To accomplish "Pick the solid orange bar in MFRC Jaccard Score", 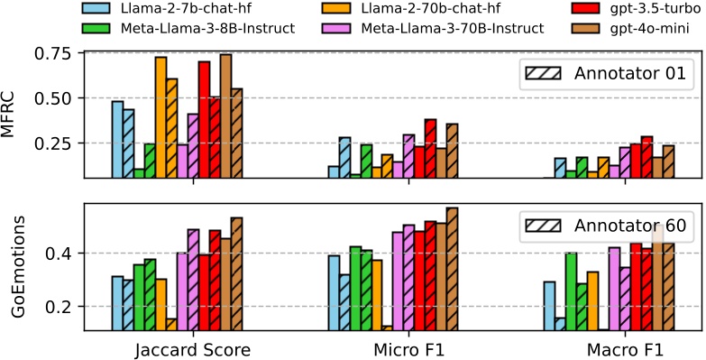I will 160,117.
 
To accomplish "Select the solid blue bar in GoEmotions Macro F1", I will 549,306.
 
